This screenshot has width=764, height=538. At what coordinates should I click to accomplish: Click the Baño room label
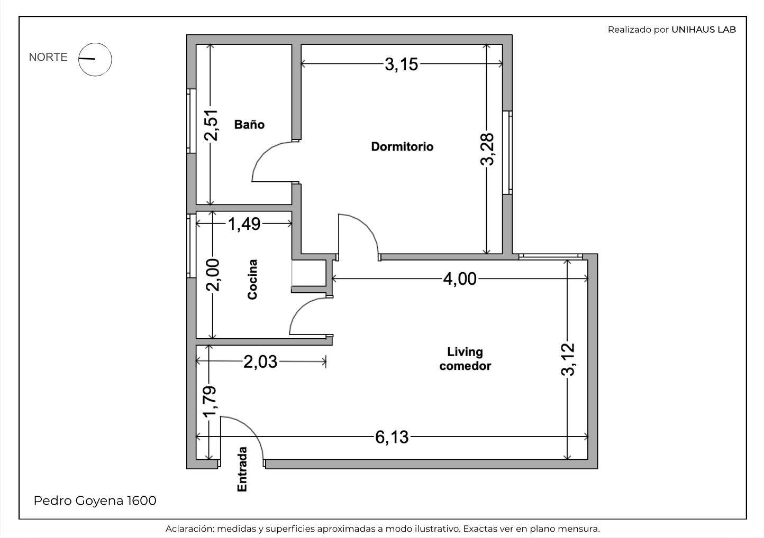click(249, 124)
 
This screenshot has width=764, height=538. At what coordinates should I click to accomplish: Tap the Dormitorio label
click(402, 146)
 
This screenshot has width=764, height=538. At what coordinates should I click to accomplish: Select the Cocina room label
click(252, 280)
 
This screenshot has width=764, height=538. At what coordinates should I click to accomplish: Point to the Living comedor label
click(465, 359)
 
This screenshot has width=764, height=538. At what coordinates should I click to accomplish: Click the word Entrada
click(242, 469)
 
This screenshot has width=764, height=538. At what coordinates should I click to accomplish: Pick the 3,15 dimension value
click(402, 64)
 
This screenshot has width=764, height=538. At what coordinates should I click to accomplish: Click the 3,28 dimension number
click(487, 149)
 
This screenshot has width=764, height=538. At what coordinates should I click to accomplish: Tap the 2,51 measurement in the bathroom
click(211, 125)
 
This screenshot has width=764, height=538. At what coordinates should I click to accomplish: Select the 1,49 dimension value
click(244, 224)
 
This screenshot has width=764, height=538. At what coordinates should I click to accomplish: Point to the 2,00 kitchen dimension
click(213, 275)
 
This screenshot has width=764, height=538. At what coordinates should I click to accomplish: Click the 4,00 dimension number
click(460, 279)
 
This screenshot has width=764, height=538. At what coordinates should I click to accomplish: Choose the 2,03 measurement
click(260, 362)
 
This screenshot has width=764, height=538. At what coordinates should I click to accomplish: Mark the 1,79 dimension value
click(210, 401)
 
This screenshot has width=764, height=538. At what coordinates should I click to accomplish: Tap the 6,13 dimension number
click(392, 438)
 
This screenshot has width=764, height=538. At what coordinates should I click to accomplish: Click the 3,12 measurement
click(568, 359)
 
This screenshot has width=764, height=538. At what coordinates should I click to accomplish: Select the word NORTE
click(48, 57)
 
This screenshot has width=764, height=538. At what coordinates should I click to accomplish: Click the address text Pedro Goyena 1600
click(95, 500)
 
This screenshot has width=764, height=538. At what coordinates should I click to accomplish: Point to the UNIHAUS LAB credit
click(704, 30)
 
